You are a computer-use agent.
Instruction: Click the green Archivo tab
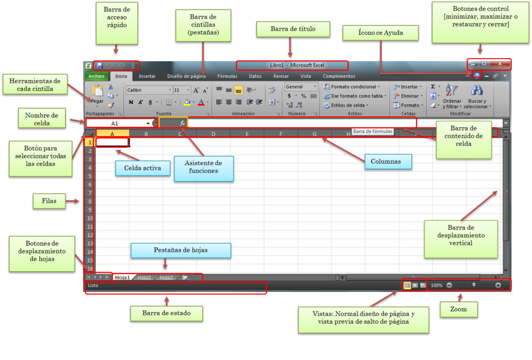click(96, 76)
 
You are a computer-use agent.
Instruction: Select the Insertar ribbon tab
click(147, 76)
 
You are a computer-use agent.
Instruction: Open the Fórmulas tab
click(227, 76)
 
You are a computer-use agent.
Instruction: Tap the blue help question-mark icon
click(477, 76)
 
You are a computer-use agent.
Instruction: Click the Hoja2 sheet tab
click(144, 278)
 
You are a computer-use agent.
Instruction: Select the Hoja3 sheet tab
click(166, 278)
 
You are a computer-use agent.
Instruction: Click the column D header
click(213, 134)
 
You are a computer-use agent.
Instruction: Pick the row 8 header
click(90, 202)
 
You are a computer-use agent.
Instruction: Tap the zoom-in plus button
click(498, 285)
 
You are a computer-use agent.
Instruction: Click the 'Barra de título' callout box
click(293, 29)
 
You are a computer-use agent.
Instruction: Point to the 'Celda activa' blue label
click(142, 168)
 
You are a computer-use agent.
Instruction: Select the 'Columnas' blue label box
click(385, 162)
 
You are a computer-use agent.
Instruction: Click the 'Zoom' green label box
click(458, 310)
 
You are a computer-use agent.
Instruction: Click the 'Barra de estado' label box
click(167, 313)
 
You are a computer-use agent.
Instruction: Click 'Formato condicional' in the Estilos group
click(352, 87)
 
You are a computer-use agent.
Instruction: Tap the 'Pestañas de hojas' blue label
click(180, 250)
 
